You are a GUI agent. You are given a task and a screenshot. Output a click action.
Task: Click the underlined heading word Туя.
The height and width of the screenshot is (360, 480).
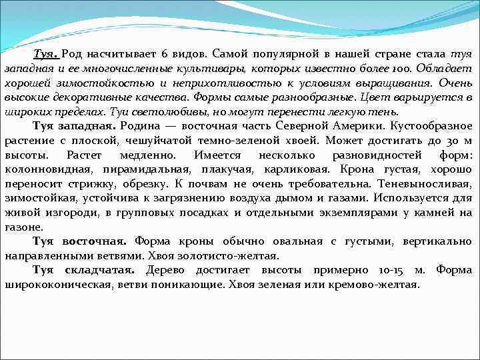(x=47, y=53)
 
